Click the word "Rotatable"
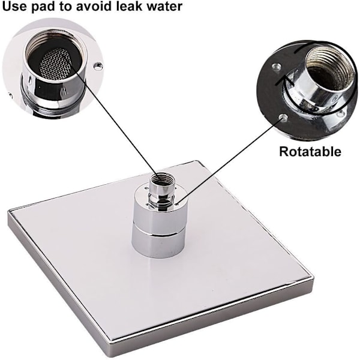pyautogui.click(x=310, y=152)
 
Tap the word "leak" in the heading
pyautogui.click(x=129, y=6)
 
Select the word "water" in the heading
pyautogui.click(x=164, y=6)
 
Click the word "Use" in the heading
pyautogui.click(x=14, y=6)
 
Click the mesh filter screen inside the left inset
pyautogui.click(x=56, y=64)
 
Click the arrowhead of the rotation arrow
pyautogui.click(x=284, y=79)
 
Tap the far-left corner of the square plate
pyautogui.click(x=8, y=211)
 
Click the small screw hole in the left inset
pyautogui.click(x=98, y=67)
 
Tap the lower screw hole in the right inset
pyautogui.click(x=283, y=118)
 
